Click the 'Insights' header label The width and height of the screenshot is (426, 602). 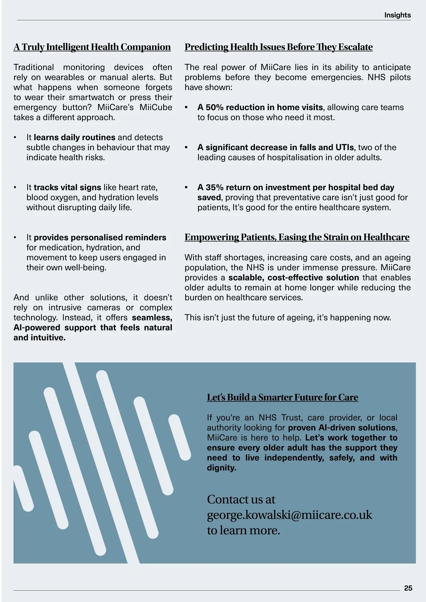[x=397, y=15]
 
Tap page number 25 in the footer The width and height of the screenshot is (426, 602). [x=408, y=588]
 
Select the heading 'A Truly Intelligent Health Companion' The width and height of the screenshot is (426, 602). [x=92, y=47]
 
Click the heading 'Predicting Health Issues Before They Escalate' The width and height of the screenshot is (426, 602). [x=278, y=47]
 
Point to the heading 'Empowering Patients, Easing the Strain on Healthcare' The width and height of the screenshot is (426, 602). [x=297, y=237]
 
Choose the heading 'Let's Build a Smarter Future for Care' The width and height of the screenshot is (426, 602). [x=282, y=397]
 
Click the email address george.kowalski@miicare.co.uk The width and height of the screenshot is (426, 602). [x=289, y=515]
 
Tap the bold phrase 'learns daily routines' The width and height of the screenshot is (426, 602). [x=75, y=137]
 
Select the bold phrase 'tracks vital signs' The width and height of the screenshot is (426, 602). [x=67, y=187]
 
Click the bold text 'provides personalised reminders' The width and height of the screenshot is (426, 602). [x=100, y=237]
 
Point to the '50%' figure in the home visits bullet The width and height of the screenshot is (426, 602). [x=214, y=108]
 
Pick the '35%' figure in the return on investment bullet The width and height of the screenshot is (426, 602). [x=214, y=187]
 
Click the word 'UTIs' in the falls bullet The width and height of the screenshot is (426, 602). [x=344, y=147]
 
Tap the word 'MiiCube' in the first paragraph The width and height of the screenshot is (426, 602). [x=155, y=108]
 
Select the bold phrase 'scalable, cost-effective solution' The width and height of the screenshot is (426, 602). [x=294, y=278]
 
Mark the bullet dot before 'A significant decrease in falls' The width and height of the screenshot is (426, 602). [x=186, y=147]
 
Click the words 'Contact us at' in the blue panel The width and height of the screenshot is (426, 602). [x=241, y=499]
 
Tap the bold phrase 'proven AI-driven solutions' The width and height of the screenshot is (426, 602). [x=342, y=428]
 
